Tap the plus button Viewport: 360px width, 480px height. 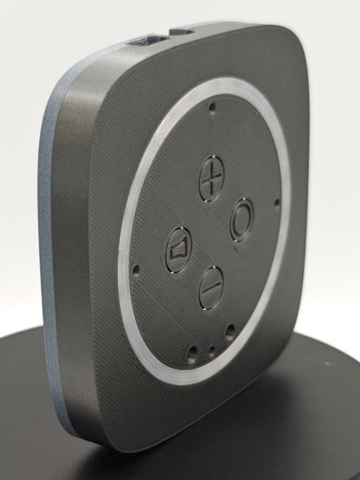[210, 180]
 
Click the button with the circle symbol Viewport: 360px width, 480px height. [242, 220]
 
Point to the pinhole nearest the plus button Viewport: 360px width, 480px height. [213, 109]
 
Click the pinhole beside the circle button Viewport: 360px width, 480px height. [276, 203]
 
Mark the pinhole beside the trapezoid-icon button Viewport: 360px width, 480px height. [136, 269]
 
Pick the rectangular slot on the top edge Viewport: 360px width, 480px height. [141, 40]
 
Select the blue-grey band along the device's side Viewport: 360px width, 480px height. [50, 259]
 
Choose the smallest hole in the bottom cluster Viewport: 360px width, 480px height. [213, 349]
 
